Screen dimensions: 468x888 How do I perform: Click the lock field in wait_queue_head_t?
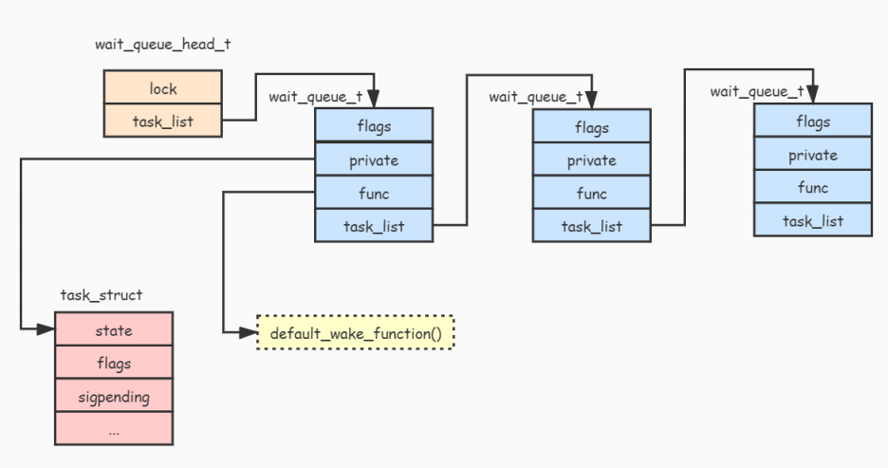tap(162, 88)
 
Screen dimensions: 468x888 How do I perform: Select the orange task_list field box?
tap(162, 121)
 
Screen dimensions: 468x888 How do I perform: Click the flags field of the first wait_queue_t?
tap(374, 124)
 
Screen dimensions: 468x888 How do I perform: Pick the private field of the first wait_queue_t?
tap(374, 159)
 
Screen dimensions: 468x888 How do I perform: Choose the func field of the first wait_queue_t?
tap(374, 193)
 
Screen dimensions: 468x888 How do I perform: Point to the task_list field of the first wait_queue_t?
tap(374, 226)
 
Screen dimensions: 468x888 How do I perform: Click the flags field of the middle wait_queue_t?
tap(592, 126)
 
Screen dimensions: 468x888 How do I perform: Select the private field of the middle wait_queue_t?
tap(592, 160)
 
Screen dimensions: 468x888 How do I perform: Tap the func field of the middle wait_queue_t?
tap(592, 194)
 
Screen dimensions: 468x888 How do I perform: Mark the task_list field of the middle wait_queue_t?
tap(592, 226)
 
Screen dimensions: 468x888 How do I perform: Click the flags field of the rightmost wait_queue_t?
tap(813, 122)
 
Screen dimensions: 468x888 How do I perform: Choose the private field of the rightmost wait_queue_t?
tap(813, 155)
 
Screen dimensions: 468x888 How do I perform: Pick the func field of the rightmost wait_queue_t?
tap(813, 188)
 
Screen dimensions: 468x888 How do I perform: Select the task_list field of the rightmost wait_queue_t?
tap(813, 221)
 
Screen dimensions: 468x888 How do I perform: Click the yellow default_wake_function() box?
tap(356, 332)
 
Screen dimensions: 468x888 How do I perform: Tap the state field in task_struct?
tap(114, 330)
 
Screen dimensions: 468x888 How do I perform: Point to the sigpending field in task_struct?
tap(114, 396)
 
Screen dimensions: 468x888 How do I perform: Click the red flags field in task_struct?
tap(114, 363)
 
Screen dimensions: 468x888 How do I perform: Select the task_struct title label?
tap(102, 295)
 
